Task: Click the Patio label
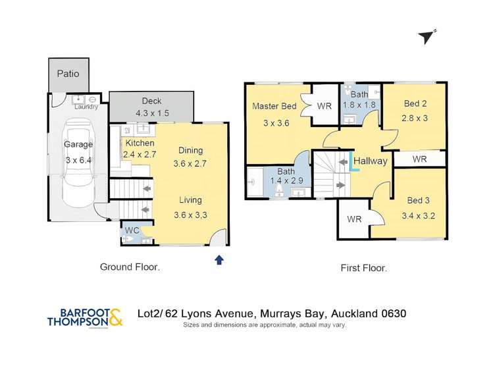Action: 67,74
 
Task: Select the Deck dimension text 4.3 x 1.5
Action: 152,113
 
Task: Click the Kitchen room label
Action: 139,143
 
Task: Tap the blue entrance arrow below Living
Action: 219,260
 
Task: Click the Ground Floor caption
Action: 130,267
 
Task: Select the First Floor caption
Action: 363,268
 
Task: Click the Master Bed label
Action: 274,107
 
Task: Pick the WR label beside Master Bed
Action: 324,106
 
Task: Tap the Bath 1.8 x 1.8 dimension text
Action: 359,105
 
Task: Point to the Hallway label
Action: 371,161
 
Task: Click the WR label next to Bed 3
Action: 353,219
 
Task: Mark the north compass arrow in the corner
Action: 428,37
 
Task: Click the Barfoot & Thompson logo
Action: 84,317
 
